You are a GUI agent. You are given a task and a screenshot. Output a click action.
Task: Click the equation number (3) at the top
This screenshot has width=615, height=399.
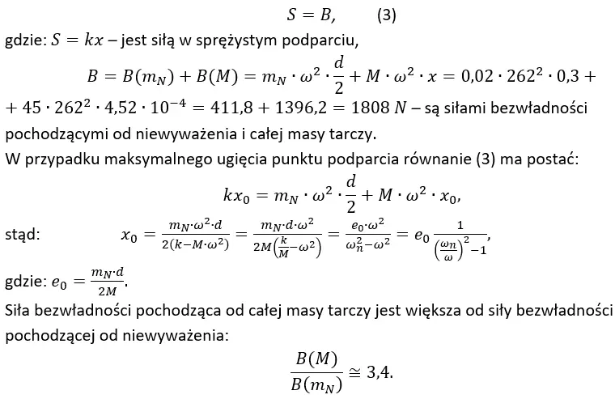(x=386, y=15)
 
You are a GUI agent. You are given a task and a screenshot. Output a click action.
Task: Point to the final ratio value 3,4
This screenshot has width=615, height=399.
(x=380, y=372)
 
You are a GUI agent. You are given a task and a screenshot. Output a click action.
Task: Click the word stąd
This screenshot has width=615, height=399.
(x=23, y=235)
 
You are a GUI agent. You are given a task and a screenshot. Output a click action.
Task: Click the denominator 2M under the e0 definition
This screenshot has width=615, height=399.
(x=107, y=291)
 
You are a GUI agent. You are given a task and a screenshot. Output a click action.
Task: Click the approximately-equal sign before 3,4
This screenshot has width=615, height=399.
(x=354, y=373)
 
